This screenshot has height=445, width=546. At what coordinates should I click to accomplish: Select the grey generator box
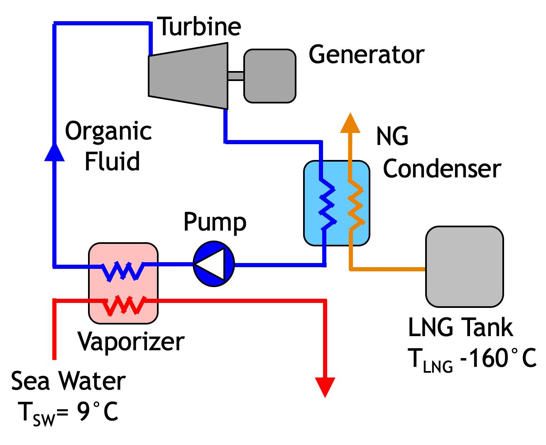click(x=269, y=76)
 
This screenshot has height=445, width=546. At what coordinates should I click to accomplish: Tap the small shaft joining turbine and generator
click(x=235, y=76)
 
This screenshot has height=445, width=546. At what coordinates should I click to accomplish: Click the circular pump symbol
click(x=214, y=264)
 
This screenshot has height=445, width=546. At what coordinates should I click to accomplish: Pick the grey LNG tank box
click(x=464, y=266)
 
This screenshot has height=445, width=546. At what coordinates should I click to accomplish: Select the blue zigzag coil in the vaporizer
click(x=123, y=271)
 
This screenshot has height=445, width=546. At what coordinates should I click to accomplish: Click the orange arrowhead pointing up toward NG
click(x=350, y=123)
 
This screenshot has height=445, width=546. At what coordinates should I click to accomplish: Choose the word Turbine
click(x=200, y=26)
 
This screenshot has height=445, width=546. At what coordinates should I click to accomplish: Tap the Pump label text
click(x=215, y=222)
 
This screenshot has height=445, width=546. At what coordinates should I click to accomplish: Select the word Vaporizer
click(x=131, y=342)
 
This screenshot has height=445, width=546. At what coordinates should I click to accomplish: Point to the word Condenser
click(x=442, y=168)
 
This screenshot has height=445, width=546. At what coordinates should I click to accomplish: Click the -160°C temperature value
click(x=498, y=358)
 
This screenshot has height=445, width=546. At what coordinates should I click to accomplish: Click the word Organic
click(x=108, y=131)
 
